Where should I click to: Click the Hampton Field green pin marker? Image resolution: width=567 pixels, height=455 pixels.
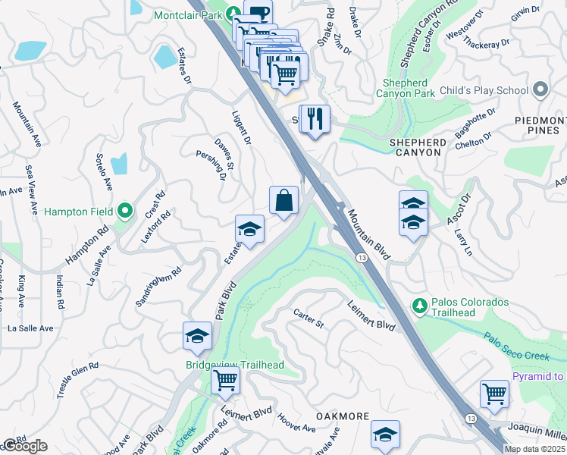(x=125, y=211)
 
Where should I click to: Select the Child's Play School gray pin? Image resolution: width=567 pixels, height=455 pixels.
(x=540, y=90)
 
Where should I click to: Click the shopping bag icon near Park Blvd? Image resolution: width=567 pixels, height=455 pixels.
(x=283, y=201)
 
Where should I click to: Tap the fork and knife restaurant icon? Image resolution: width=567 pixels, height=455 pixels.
(x=316, y=119)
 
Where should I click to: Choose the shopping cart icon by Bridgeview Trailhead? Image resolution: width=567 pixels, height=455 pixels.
(x=225, y=380)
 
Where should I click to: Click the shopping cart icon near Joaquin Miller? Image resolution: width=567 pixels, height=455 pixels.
(x=494, y=394)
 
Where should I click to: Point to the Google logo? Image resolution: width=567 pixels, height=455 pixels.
(x=24, y=446)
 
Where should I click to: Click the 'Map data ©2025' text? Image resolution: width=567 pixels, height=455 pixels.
(x=534, y=449)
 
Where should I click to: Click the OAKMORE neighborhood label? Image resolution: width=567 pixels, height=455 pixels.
(x=341, y=417)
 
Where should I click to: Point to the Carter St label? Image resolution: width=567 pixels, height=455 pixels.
(x=309, y=318)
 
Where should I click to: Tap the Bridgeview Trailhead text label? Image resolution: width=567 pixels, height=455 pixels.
(x=235, y=365)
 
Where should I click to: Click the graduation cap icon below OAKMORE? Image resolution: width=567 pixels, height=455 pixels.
(x=385, y=435)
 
